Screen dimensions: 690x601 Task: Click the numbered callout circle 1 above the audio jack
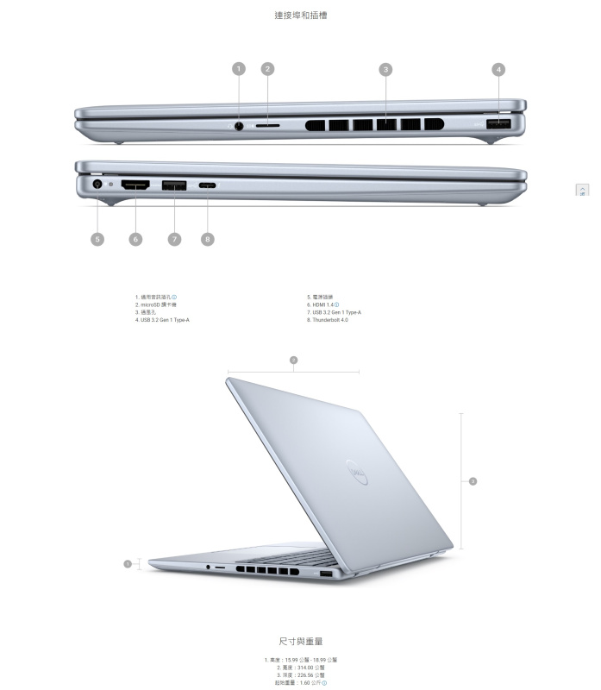coord(239,69)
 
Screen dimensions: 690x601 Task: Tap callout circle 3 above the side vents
coord(385,69)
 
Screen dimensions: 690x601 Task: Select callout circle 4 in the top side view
coord(498,69)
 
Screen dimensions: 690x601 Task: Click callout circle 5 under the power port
coord(97,239)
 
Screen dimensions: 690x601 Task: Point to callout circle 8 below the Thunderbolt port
coord(207,239)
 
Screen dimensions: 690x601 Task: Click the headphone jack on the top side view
coord(239,125)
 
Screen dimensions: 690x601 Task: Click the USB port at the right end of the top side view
coord(498,125)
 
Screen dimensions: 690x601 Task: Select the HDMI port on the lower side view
coord(135,184)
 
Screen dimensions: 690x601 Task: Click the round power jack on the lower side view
coord(97,183)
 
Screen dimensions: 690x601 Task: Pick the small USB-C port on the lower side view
coord(207,185)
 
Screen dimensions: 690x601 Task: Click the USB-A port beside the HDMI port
coord(174,184)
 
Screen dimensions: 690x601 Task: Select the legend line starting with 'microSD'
coord(157,304)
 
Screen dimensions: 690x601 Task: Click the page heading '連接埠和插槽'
coord(300,16)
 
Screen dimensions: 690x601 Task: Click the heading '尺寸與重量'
coord(300,642)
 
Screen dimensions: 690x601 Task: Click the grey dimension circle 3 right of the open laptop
coord(473,480)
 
